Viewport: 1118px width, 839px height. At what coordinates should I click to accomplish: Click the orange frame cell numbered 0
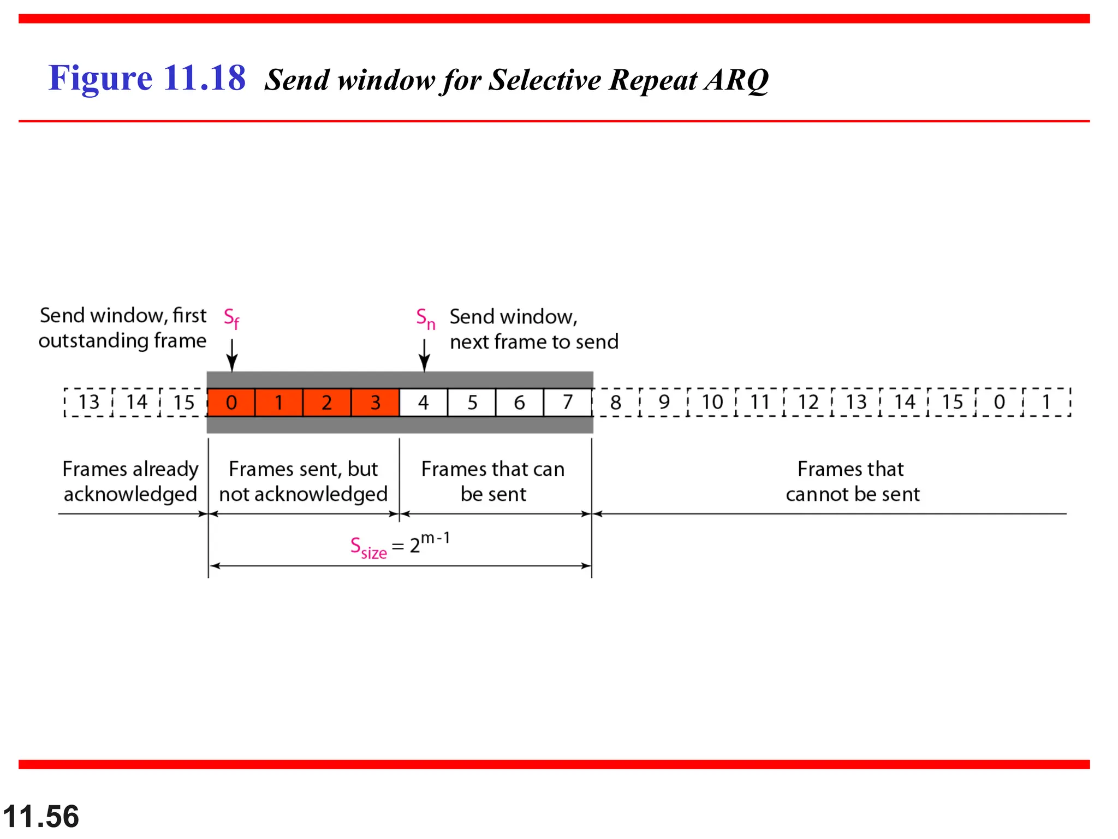(231, 403)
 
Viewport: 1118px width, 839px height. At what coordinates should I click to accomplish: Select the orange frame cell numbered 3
(375, 403)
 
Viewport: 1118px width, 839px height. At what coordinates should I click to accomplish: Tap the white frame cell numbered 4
(423, 403)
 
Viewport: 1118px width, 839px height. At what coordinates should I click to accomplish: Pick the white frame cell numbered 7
(568, 403)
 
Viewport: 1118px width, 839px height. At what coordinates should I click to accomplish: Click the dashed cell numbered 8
(616, 403)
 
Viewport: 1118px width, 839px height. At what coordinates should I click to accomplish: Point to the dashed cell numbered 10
(712, 403)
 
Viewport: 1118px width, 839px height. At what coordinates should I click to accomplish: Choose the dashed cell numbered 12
(808, 403)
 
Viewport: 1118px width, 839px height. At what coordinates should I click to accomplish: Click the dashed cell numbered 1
(1046, 403)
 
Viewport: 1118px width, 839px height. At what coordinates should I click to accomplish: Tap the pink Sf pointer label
(231, 318)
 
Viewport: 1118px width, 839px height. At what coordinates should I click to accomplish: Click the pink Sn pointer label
(425, 318)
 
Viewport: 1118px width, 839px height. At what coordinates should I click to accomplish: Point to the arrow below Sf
(232, 356)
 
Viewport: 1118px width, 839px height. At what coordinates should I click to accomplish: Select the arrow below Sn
(425, 356)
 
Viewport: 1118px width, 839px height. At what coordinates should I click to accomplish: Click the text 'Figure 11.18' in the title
(147, 78)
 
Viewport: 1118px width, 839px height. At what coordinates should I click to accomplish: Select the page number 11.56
(41, 817)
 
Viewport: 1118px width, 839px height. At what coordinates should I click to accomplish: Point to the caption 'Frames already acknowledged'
(130, 481)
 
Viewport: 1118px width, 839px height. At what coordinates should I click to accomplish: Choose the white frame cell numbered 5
(472, 403)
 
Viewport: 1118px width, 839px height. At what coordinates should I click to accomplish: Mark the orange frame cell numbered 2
(326, 403)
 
